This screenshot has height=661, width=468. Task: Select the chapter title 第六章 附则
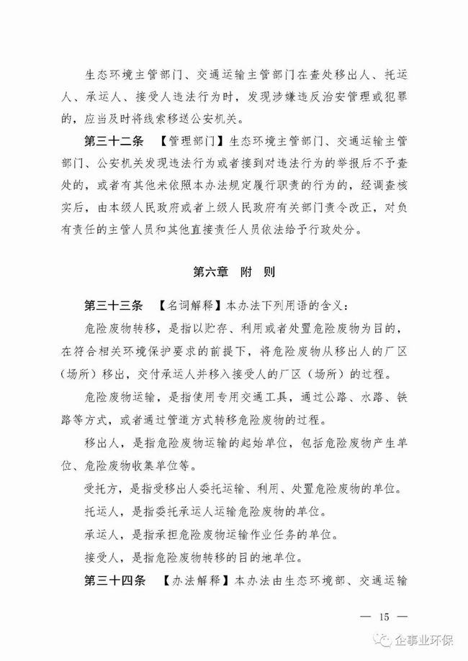234,273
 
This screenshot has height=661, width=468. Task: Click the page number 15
383,616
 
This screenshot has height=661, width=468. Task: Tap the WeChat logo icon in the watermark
382,639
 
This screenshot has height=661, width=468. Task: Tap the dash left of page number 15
363,616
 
